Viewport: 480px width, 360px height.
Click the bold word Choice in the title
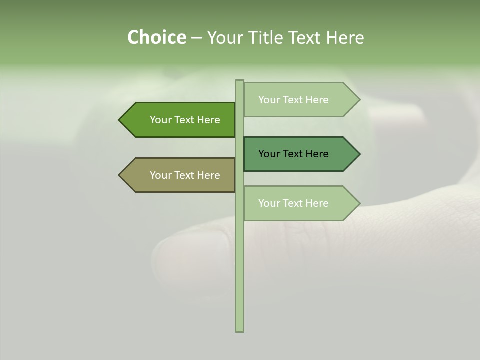click(156, 38)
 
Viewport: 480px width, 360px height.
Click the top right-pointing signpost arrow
click(300, 100)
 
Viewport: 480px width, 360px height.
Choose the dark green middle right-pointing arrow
click(300, 154)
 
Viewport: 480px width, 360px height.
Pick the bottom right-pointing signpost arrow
click(300, 203)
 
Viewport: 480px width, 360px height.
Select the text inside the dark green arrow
click(293, 154)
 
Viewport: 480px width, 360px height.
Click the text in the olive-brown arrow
click(185, 175)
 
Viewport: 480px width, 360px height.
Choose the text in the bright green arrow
click(185, 120)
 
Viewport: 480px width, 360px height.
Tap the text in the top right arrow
click(293, 100)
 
